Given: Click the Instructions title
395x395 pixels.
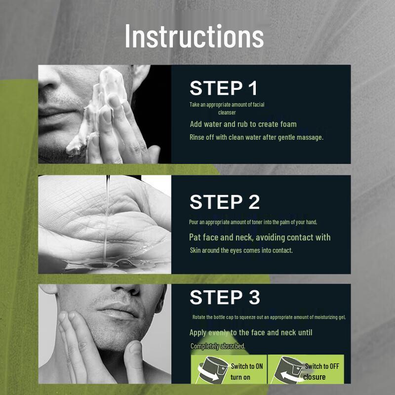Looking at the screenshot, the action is (x=194, y=36).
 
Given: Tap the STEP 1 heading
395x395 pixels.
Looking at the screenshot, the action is (x=224, y=88).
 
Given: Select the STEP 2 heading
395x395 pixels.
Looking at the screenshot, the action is (x=225, y=202).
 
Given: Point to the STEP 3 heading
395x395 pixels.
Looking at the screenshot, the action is (x=225, y=297).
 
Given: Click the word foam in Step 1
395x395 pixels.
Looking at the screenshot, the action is (x=288, y=124).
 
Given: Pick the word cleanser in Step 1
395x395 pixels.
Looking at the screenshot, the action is (x=227, y=113).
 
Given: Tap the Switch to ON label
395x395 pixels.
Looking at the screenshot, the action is (x=247, y=366).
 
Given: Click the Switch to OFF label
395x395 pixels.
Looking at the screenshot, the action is (x=322, y=366).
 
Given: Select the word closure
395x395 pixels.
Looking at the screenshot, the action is (x=315, y=377).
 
